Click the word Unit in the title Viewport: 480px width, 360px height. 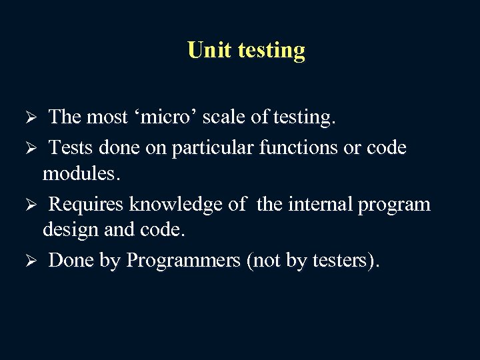(x=206, y=50)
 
